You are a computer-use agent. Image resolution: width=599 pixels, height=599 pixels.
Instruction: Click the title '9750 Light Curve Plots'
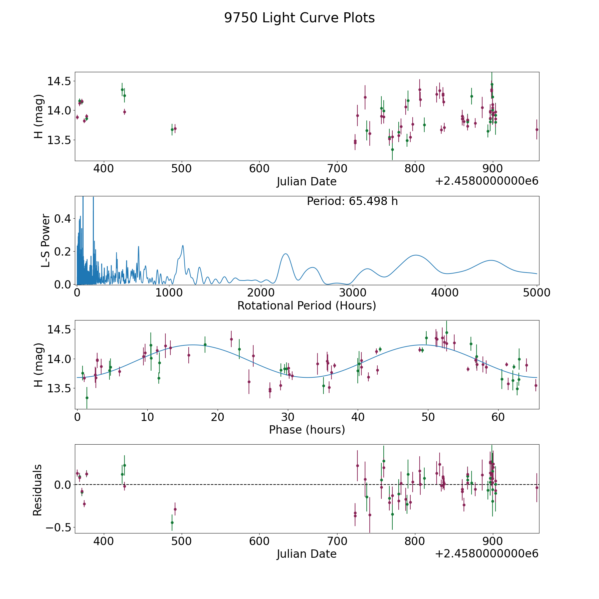[x=299, y=18]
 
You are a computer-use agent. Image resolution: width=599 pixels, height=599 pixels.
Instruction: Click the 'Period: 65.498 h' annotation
[x=352, y=201]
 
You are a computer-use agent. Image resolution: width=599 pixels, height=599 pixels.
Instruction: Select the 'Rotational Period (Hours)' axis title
[x=306, y=305]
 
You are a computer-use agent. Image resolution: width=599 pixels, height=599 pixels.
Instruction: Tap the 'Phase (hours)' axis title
[x=307, y=430]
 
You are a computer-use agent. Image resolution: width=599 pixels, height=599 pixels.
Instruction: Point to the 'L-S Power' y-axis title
[x=46, y=241]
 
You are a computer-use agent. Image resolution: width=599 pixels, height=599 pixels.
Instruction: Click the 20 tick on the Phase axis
[x=217, y=417]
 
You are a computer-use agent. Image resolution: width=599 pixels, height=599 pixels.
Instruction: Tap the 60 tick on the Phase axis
[x=498, y=417]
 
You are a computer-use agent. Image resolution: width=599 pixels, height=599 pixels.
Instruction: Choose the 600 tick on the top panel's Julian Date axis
[x=259, y=169]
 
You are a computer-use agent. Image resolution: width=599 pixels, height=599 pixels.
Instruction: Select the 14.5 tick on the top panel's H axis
[x=59, y=81]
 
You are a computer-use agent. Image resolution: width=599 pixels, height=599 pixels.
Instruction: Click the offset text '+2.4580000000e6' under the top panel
[x=487, y=181]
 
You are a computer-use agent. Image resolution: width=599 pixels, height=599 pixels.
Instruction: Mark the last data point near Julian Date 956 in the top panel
[x=536, y=129]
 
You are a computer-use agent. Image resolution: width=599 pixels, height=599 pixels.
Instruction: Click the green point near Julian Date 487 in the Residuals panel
[x=172, y=522]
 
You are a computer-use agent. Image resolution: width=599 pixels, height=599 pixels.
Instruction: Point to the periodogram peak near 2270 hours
[x=286, y=254]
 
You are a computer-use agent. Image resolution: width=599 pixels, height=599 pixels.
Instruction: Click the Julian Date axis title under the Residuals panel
[x=306, y=554]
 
